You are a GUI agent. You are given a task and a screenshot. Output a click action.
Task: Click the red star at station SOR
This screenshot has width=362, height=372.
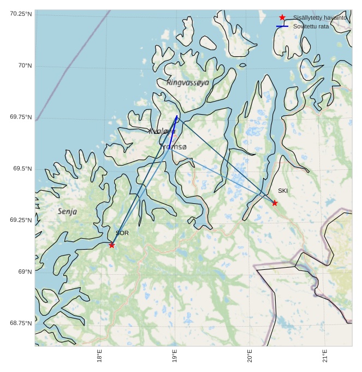[111, 245]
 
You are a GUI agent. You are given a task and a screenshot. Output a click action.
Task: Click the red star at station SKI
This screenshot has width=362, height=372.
[275, 203]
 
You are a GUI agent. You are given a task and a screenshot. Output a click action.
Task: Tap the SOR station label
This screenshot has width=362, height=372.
[122, 233]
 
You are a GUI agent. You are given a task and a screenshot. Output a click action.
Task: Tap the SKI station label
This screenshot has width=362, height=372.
[282, 191]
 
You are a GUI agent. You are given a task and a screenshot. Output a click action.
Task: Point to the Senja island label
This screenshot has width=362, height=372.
[67, 211]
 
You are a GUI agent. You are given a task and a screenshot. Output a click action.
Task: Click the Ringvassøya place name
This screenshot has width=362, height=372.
[188, 82]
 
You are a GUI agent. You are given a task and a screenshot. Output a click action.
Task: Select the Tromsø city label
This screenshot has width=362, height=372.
[174, 147]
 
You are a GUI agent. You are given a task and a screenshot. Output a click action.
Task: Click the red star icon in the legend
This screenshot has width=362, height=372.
[282, 18]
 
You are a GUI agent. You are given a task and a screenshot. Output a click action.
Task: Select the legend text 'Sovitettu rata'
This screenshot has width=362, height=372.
[311, 26]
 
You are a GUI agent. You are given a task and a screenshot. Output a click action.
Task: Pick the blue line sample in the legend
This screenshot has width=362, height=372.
[282, 26]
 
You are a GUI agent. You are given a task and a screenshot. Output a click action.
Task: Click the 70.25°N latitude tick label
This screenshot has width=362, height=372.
[20, 14]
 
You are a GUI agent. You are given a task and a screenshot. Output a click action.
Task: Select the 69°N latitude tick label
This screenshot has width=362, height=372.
[25, 271]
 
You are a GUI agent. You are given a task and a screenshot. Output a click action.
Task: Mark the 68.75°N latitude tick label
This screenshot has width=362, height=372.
[20, 323]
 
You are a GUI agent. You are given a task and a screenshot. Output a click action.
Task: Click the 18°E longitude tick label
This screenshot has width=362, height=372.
[99, 356]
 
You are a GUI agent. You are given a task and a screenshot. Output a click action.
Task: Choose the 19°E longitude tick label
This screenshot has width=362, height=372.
[175, 356]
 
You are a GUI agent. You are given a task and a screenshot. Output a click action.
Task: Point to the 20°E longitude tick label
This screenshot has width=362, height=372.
[250, 356]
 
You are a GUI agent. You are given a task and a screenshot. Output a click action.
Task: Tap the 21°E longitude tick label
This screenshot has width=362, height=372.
[325, 356]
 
